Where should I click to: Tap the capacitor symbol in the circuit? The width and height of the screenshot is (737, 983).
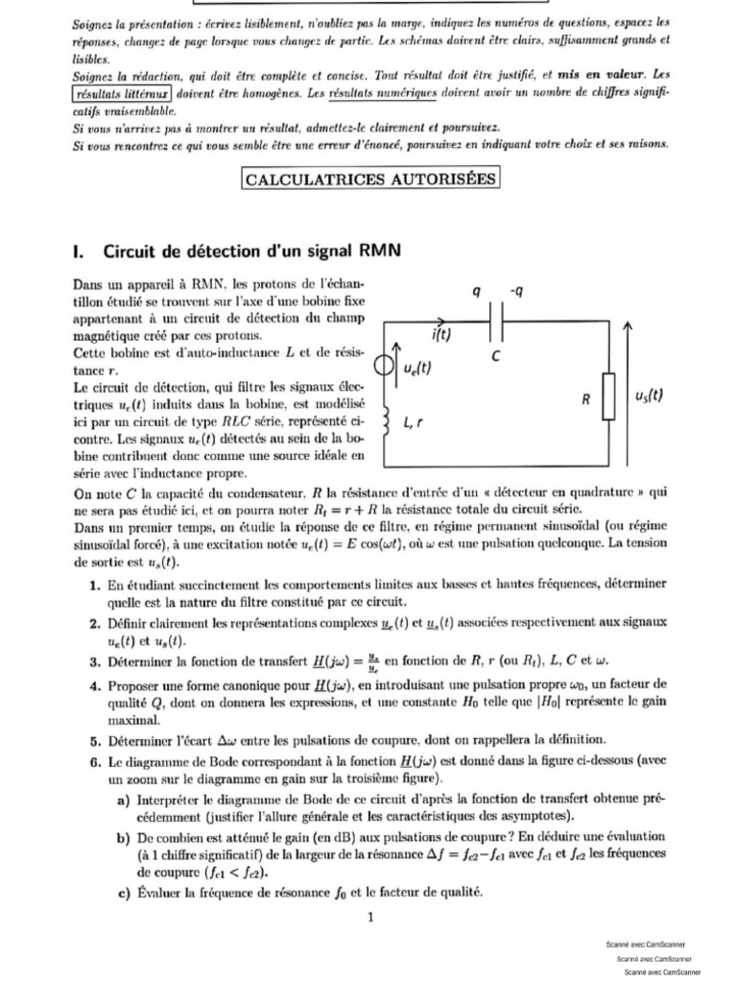pos(497,325)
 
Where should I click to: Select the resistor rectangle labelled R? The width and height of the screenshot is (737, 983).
pos(607,398)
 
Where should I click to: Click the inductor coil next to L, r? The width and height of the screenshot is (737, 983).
pos(387,422)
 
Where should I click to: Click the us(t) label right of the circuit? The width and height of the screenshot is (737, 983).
pos(650,396)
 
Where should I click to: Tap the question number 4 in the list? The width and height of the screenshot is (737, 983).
pos(96,685)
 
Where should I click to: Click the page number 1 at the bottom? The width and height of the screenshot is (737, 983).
pos(370,917)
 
